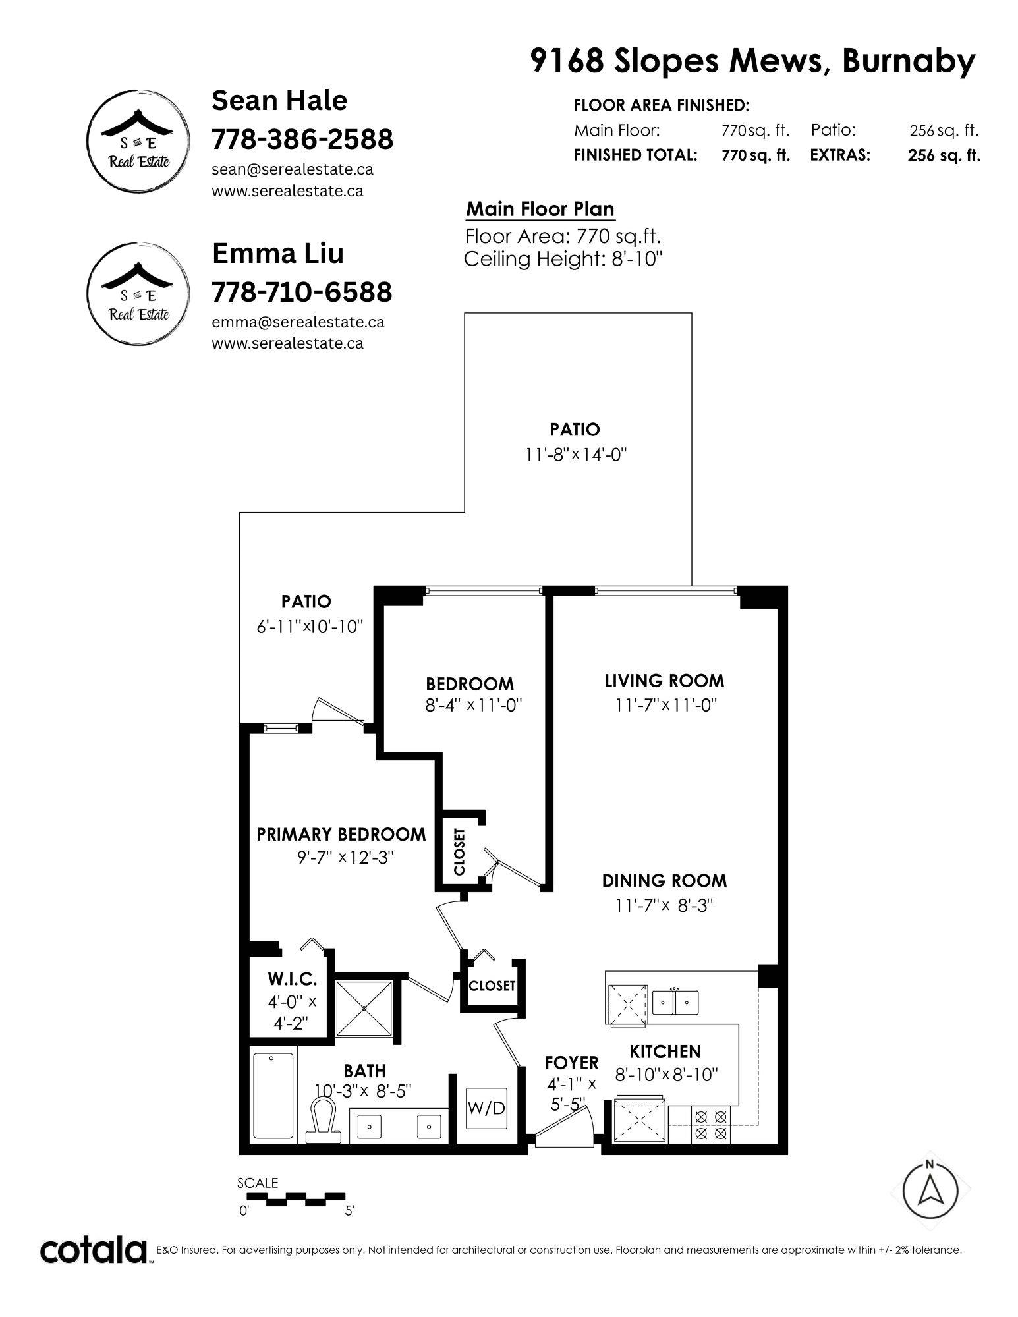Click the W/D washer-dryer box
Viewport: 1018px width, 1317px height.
coord(486,1107)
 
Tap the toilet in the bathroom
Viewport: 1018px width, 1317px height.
coord(324,1121)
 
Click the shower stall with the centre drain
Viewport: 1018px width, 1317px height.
coord(364,1008)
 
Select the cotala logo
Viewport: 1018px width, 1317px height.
coord(94,1250)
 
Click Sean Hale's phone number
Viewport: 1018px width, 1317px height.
coord(302,139)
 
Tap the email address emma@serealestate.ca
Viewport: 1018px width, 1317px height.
coord(298,322)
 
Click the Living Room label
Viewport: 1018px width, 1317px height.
coord(664,681)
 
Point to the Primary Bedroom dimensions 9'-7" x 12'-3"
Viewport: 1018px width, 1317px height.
coord(345,857)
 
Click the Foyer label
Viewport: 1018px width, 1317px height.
coord(571,1063)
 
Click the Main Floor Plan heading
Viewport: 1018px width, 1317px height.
coord(540,210)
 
